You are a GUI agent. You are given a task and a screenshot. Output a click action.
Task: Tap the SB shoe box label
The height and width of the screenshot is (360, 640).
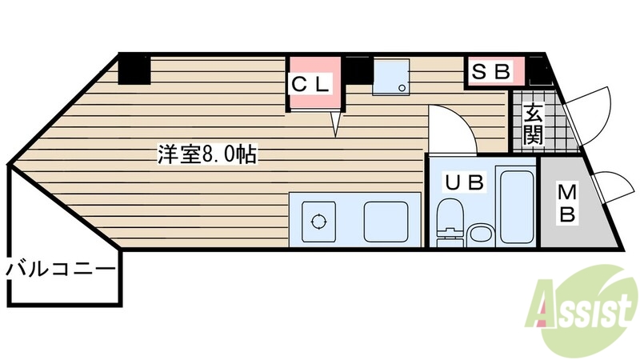click(x=490, y=72)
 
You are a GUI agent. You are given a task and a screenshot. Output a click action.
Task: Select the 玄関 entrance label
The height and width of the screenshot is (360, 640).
click(x=534, y=124)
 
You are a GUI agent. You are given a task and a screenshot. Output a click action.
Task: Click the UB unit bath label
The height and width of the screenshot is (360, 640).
click(x=465, y=183)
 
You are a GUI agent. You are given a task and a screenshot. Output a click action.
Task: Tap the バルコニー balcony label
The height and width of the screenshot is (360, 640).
click(x=61, y=269)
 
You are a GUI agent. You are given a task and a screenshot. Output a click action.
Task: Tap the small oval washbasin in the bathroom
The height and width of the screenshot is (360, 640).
click(x=481, y=234)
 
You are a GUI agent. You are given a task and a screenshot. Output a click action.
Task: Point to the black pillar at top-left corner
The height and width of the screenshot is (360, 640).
click(x=134, y=69)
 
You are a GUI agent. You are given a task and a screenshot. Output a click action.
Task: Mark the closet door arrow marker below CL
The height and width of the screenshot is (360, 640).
click(x=337, y=123)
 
